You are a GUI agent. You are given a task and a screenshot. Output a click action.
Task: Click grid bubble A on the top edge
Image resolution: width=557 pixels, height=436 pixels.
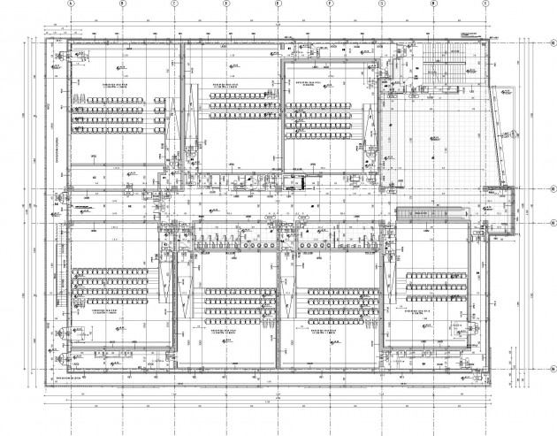[70, 3]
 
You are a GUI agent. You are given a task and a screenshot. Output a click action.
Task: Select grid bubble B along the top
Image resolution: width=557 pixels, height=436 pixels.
[122, 3]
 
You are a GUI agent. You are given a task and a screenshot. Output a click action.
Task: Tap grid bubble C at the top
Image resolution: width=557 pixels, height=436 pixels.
[174, 3]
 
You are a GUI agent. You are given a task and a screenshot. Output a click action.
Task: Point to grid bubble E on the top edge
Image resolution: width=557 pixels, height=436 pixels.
[278, 3]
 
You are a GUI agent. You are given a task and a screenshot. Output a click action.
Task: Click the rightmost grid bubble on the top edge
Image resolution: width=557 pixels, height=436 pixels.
[485, 3]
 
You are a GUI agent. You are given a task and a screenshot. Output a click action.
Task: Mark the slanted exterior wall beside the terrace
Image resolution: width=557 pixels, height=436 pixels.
[505, 133]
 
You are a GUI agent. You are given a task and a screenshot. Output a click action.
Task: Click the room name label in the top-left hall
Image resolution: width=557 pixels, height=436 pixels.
[116, 83]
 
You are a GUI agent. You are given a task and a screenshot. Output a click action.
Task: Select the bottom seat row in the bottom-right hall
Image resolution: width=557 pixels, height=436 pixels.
[439, 298]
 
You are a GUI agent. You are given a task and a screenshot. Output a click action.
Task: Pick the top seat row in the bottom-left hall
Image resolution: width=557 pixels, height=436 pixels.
[116, 268]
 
